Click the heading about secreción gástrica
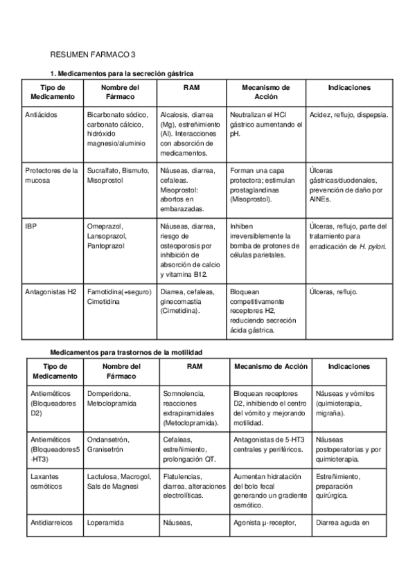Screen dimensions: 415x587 (122, 73)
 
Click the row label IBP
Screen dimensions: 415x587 (30, 226)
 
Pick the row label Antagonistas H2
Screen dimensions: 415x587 (51, 292)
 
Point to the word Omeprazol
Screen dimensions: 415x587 (105, 226)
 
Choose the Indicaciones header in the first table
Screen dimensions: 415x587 (348, 88)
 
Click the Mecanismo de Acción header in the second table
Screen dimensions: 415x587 (271, 366)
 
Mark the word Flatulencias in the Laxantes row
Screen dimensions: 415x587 (183, 477)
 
